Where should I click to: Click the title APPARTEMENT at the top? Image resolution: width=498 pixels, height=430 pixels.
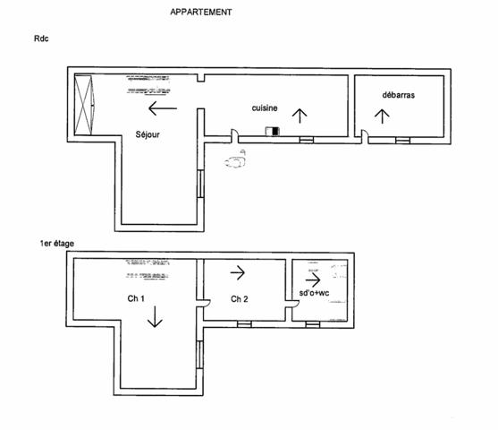coord(201,13)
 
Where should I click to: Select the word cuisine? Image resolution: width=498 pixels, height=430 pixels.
coord(265,107)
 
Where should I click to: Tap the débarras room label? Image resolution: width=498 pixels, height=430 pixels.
coord(399,94)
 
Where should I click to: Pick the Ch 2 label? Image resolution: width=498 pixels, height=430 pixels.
coord(239,298)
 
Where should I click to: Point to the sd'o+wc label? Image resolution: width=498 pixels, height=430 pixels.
coord(315,293)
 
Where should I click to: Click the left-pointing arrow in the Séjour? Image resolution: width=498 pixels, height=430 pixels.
coord(163,109)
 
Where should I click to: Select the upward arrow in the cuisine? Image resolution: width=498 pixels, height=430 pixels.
coord(300,114)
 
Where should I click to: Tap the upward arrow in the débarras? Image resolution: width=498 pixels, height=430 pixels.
coord(383,116)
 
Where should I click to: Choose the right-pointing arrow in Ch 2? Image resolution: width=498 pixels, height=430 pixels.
coord(238,271)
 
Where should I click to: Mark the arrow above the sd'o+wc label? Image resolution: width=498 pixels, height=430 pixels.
coord(312,278)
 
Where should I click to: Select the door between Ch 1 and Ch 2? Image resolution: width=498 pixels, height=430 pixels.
coord(205,305)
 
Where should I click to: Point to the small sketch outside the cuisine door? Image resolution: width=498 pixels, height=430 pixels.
coord(236,161)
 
